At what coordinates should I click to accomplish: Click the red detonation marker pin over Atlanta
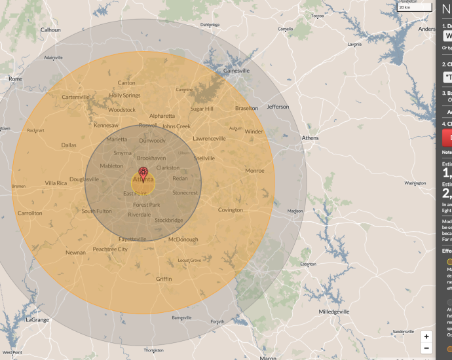point(143,174)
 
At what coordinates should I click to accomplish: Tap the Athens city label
point(310,138)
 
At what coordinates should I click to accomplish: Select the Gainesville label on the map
point(236,71)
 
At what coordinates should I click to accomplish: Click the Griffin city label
point(164,279)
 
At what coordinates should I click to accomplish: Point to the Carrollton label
point(29,213)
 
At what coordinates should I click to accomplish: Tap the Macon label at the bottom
point(267,357)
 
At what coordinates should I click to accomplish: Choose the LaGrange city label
point(37,319)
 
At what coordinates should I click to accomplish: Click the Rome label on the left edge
point(14,79)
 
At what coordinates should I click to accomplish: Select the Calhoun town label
point(50,30)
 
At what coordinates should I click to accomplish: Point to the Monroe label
point(254,171)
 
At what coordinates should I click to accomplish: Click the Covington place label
point(230,210)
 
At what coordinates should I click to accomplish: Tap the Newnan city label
point(75,252)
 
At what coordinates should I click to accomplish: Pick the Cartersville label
point(75,97)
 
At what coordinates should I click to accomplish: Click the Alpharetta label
point(162,116)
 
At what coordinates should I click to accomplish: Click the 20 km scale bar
point(415,7)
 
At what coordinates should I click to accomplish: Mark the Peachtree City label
point(110,249)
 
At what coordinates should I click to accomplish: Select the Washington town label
point(415,183)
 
